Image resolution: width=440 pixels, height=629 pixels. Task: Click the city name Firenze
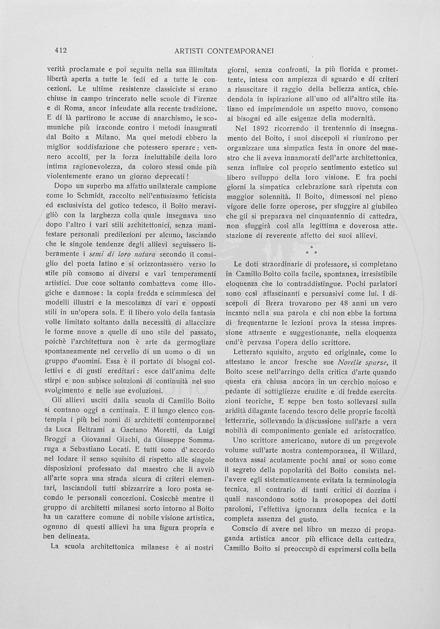(200, 99)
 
